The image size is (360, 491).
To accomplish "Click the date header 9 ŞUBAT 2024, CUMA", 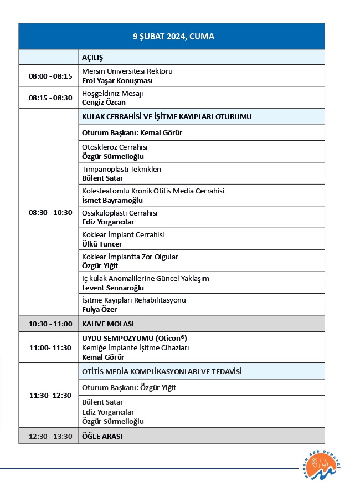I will [x=173, y=37].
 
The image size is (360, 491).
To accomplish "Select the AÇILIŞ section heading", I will [x=93, y=57].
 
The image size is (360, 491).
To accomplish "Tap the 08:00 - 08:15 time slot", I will [x=50, y=76].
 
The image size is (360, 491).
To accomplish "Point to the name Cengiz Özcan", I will [x=104, y=102].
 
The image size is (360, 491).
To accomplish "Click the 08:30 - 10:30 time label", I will [x=50, y=212].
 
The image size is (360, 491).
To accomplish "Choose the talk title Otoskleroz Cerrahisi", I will [x=115, y=147].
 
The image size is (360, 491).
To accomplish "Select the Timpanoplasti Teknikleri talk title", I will [x=122, y=169].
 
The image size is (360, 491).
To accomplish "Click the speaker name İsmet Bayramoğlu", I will [x=112, y=200].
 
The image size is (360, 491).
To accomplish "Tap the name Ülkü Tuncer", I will [x=102, y=244].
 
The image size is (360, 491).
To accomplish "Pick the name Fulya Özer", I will [x=100, y=309].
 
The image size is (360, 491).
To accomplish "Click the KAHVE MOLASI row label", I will [x=108, y=324].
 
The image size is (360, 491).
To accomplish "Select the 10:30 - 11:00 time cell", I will [x=50, y=324].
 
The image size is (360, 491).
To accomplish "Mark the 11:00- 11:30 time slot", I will [x=50, y=347].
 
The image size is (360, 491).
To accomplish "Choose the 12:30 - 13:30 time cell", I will [x=50, y=436].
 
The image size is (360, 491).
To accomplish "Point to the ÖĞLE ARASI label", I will [x=102, y=436].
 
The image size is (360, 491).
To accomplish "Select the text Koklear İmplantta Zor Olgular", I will [x=130, y=257].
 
